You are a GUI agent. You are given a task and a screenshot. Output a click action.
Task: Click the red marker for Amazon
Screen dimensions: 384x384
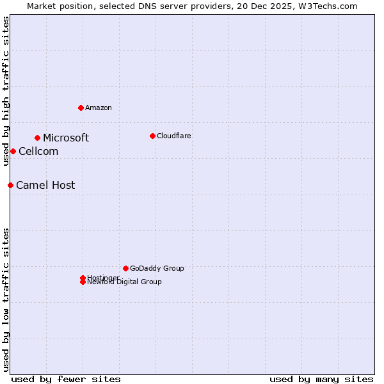(x=81, y=108)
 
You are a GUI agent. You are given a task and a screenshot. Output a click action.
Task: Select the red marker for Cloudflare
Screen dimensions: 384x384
(x=152, y=136)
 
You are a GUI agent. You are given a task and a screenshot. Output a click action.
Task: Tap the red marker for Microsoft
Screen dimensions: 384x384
(x=38, y=138)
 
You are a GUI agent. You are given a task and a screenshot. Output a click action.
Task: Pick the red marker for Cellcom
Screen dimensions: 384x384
(x=13, y=151)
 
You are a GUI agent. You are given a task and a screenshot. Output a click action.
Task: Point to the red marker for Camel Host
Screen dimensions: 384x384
(x=10, y=185)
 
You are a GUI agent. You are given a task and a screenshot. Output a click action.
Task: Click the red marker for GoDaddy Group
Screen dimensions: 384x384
(x=125, y=268)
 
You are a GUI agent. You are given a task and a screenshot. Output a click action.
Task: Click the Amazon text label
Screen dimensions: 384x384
(x=99, y=108)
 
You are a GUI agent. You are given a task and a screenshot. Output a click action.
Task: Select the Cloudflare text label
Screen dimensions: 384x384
(x=174, y=136)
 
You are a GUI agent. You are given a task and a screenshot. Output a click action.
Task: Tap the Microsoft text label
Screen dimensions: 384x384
(x=66, y=138)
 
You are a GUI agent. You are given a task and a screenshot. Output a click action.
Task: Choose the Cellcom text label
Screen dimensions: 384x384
(x=38, y=152)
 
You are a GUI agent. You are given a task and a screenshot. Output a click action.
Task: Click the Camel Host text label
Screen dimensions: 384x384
(x=45, y=186)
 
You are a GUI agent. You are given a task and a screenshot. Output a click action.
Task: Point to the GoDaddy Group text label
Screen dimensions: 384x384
(x=157, y=269)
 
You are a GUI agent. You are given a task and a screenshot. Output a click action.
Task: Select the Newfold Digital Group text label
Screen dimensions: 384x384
(x=125, y=282)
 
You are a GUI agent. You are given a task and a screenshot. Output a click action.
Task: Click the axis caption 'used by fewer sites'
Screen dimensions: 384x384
(x=66, y=380)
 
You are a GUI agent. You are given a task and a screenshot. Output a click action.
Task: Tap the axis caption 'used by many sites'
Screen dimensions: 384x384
(x=321, y=380)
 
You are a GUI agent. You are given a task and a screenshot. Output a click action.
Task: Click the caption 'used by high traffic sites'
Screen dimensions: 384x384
(x=6, y=91)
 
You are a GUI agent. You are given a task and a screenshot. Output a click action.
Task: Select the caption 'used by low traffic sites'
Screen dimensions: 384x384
(x=6, y=299)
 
